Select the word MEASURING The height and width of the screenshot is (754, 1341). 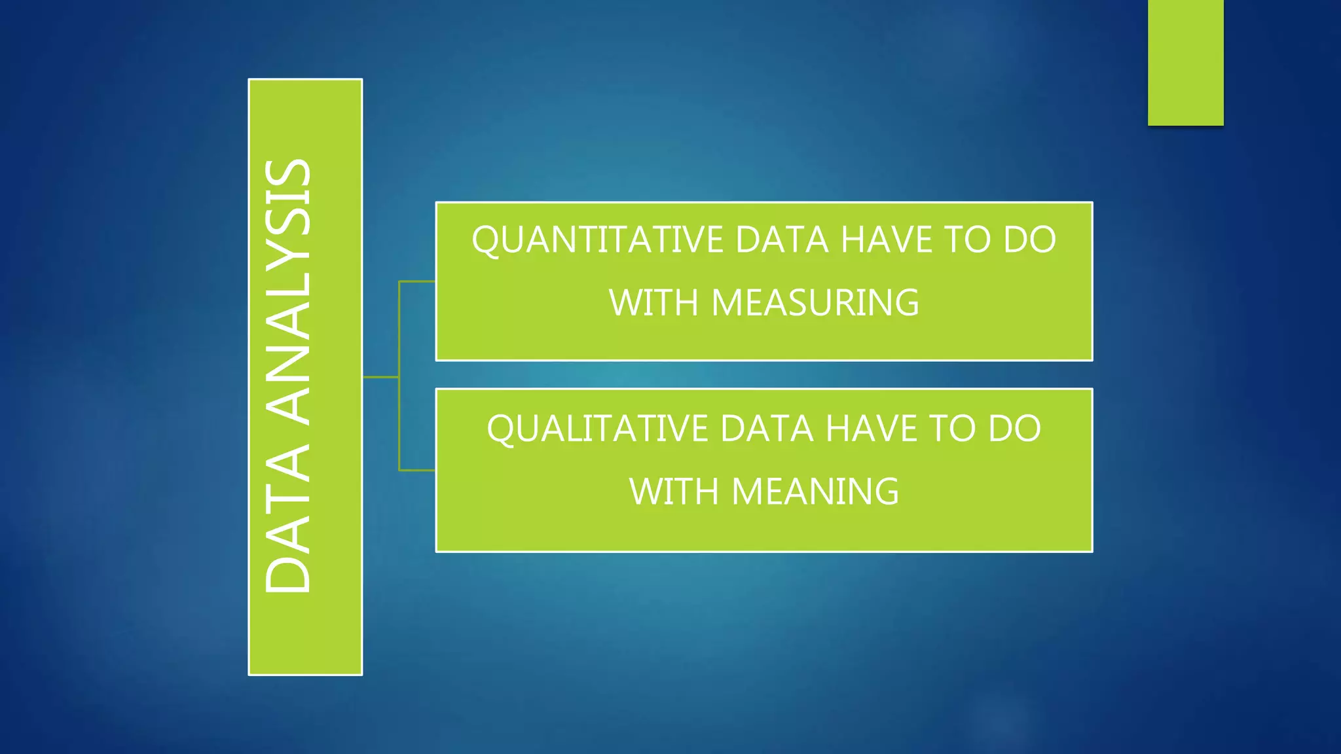click(815, 303)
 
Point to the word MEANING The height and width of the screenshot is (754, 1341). click(815, 492)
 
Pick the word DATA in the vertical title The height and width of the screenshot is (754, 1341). click(288, 517)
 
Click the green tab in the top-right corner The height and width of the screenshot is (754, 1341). click(1185, 62)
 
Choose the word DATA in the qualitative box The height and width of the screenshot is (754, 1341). click(767, 429)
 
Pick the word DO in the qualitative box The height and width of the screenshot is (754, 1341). click(1014, 429)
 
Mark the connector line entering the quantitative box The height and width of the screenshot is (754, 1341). click(417, 281)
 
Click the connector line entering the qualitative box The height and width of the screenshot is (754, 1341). click(417, 470)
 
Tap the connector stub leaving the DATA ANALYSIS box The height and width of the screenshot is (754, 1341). click(380, 377)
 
